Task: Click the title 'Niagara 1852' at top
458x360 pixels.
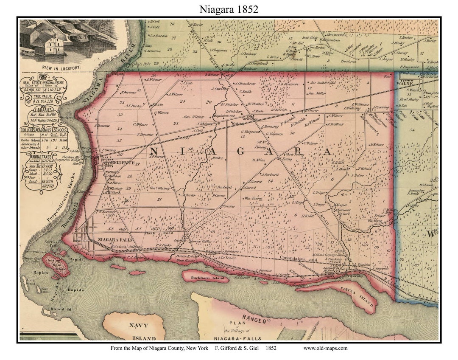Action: pos(229,9)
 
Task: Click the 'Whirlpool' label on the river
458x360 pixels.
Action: pos(68,117)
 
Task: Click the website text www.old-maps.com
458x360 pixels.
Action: pos(325,348)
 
